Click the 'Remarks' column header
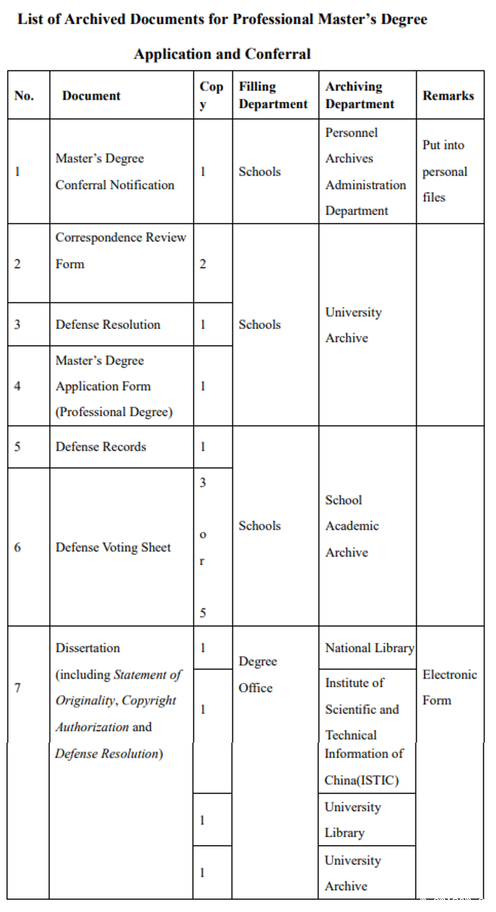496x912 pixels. click(x=448, y=95)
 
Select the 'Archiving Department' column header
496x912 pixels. click(x=360, y=95)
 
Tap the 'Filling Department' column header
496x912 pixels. click(x=273, y=95)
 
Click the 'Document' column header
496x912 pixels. click(x=91, y=95)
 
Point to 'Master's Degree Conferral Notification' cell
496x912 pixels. click(x=115, y=172)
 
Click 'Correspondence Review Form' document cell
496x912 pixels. click(x=120, y=251)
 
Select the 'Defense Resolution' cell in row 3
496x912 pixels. click(x=108, y=325)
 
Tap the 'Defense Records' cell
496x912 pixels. click(x=100, y=447)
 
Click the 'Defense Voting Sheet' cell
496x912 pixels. click(x=113, y=547)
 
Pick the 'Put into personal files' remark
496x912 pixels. click(x=445, y=172)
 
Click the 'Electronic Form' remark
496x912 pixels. click(x=450, y=687)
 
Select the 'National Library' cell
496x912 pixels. click(x=369, y=648)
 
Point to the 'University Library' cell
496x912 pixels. click(x=353, y=819)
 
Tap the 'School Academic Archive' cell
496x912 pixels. click(x=352, y=526)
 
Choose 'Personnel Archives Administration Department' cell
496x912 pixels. click(x=366, y=172)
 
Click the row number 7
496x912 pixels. click(x=17, y=687)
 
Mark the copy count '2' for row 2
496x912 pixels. click(x=202, y=264)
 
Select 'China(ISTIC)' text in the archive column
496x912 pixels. click(x=361, y=780)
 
